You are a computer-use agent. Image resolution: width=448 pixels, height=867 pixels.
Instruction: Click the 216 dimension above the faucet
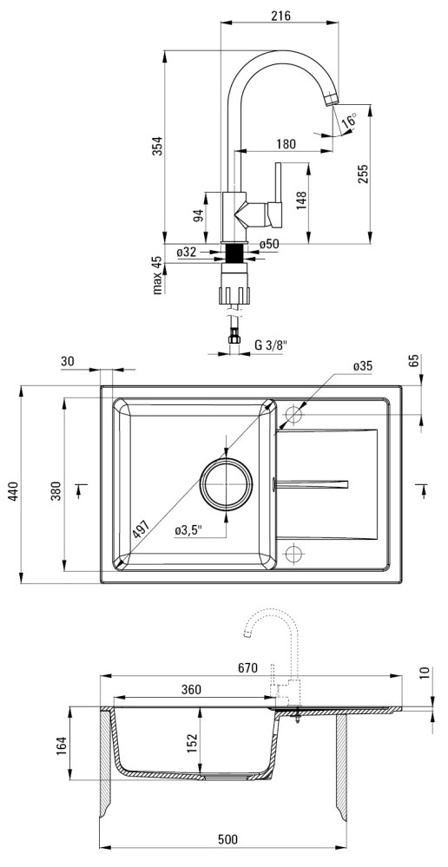pos(281,16)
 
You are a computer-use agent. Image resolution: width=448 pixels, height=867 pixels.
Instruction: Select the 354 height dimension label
pos(157,146)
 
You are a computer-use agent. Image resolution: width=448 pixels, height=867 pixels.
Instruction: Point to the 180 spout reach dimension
pos(286,144)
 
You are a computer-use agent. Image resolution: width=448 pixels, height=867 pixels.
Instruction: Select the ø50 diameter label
pos(269,244)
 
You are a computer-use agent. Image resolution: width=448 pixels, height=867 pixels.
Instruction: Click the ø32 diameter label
pos(187,253)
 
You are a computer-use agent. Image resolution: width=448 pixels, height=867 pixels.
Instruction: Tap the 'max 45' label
pos(157,275)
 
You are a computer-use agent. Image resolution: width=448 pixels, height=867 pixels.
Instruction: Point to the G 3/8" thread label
pos(271,345)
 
